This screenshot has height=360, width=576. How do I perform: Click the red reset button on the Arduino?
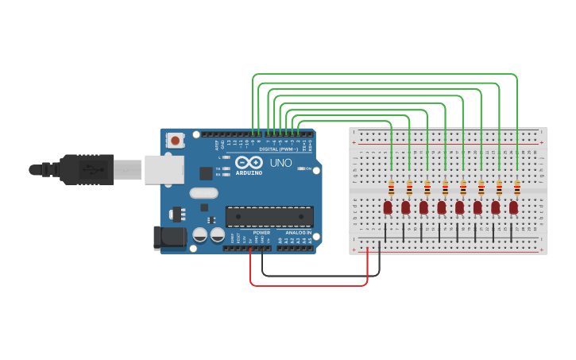(176, 141)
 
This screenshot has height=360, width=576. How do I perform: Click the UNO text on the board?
(281, 163)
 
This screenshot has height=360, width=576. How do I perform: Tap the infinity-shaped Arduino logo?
(249, 162)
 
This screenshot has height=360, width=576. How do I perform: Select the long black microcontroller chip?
(269, 216)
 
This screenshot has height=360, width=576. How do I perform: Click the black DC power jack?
(168, 237)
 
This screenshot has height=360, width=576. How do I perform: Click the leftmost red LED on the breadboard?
(388, 207)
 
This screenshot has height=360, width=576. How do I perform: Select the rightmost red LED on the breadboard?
(514, 207)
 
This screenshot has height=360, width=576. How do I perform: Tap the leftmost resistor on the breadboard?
(391, 188)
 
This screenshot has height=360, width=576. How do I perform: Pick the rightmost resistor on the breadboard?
(517, 188)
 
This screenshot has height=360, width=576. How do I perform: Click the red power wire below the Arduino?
(310, 285)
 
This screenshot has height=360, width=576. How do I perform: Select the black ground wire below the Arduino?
(318, 276)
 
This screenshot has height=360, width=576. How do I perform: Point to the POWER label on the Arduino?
(261, 232)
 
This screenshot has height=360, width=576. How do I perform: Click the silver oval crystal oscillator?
(203, 192)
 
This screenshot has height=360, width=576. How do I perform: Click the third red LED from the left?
(423, 207)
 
